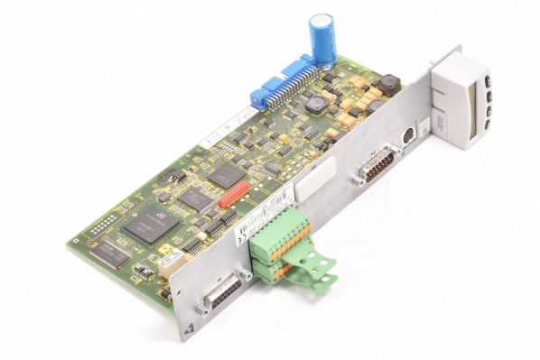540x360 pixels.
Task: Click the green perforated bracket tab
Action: (x=317, y=263)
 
